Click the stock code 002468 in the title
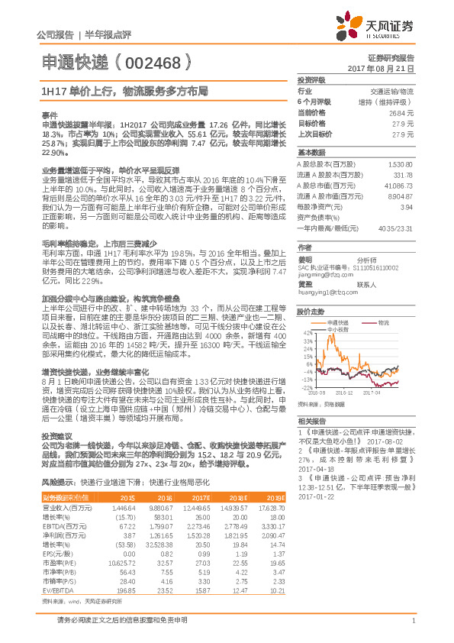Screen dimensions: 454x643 [x=157, y=60]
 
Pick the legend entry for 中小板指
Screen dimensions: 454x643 [x=340, y=330]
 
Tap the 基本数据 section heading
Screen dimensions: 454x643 [x=311, y=152]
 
